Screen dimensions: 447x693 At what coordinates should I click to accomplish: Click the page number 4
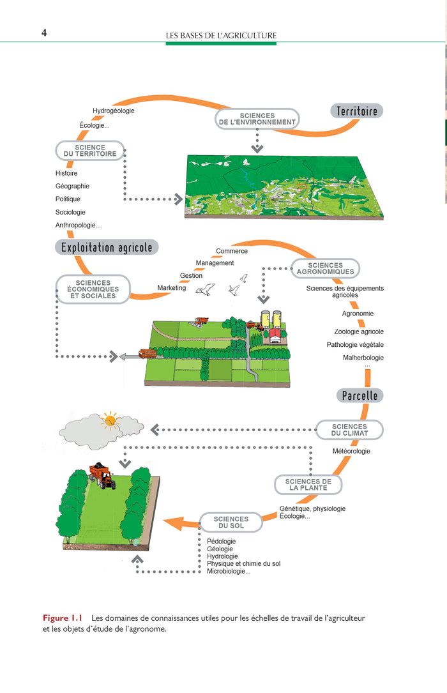pos(44,33)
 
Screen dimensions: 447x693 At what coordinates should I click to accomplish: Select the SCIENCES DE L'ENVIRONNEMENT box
pos(257,119)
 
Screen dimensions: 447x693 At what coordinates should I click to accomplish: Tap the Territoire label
pos(356,111)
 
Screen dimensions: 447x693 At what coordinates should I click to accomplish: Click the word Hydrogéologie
pos(114,111)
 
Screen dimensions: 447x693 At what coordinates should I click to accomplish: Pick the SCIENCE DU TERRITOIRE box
pos(89,151)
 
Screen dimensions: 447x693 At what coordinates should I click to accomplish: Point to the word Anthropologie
pos(78,225)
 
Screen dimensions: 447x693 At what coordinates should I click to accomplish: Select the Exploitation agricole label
pos(107,247)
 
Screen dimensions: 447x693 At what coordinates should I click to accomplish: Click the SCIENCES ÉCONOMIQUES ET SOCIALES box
pos(93,289)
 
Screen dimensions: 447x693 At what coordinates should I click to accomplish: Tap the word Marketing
pos(171,287)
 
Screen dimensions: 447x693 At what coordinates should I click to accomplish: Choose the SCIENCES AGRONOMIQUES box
pos(325,268)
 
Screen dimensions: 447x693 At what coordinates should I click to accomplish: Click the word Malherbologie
pos(363,358)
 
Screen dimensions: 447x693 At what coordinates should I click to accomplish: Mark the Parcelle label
pos(360,395)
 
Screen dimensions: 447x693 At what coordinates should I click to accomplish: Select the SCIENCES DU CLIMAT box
pos(349,430)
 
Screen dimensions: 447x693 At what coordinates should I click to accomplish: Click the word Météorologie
pos(351,451)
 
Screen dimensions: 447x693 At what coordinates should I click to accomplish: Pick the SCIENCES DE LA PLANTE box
pos(308,484)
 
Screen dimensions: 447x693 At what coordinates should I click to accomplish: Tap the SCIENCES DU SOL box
pos(231,522)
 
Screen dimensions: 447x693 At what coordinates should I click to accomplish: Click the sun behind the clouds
pos(110,420)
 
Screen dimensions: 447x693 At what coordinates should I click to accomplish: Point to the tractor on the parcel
pos(102,476)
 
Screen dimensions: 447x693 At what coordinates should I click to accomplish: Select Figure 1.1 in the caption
pos(63,618)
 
